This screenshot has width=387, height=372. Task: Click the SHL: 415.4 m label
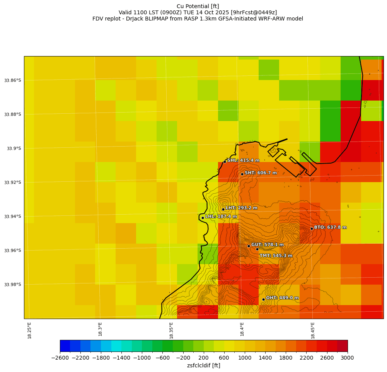pyautogui.click(x=243, y=160)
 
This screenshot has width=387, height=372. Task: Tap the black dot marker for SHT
pyautogui.click(x=242, y=174)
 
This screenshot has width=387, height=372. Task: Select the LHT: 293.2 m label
pyautogui.click(x=241, y=208)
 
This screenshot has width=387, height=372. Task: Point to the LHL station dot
pyautogui.click(x=203, y=218)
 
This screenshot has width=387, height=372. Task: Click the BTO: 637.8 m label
pyautogui.click(x=330, y=227)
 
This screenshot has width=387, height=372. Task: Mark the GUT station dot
pyautogui.click(x=249, y=246)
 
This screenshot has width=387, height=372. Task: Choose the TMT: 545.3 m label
pyautogui.click(x=276, y=256)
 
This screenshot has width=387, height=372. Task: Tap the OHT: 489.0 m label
pyautogui.click(x=282, y=298)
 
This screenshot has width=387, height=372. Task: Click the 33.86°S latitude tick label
pyautogui.click(x=12, y=80)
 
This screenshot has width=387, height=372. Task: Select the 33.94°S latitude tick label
pyautogui.click(x=12, y=217)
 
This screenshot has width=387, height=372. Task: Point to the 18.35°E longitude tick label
pyautogui.click(x=171, y=330)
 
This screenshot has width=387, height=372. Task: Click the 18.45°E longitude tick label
pyautogui.click(x=313, y=330)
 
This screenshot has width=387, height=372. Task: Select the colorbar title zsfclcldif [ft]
pyautogui.click(x=203, y=365)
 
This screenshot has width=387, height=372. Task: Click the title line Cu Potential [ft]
pyautogui.click(x=198, y=6)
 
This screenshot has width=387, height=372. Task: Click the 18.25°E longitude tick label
pyautogui.click(x=30, y=330)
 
